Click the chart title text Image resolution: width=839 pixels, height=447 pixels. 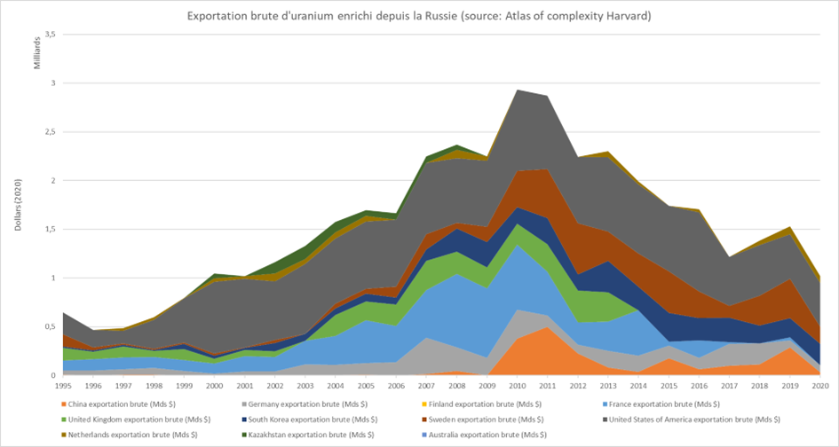point(419,15)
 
